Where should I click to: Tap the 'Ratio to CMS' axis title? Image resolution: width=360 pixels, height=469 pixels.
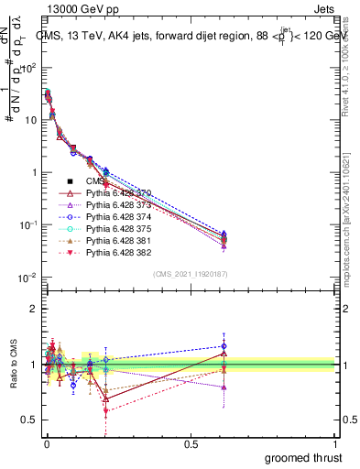12,365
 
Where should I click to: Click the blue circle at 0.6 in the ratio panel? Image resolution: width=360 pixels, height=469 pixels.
224,346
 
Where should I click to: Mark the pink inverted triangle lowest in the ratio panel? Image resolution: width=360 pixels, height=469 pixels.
106,411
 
